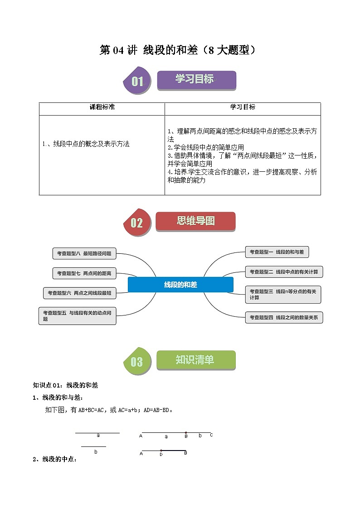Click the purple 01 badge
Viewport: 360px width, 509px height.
click(137, 82)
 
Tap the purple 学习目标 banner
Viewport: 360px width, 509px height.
click(196, 80)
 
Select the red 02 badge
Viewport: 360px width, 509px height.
click(136, 223)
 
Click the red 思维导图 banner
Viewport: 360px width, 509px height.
click(195, 221)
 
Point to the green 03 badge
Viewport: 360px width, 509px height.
click(136, 361)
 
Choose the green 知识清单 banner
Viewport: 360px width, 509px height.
click(196, 360)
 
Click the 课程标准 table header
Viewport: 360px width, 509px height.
click(102, 107)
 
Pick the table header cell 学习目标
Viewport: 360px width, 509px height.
click(243, 107)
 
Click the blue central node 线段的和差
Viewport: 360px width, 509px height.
click(180, 285)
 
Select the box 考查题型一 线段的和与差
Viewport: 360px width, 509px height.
click(277, 252)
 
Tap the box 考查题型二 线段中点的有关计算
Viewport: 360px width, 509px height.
click(284, 272)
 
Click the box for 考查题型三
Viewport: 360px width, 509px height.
click(283, 294)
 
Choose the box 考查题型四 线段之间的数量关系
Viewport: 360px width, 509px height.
click(284, 318)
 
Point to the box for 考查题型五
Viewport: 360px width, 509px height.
click(78, 315)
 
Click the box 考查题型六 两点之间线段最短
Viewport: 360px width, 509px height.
click(79, 293)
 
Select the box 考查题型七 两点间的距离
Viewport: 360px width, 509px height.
click(84, 273)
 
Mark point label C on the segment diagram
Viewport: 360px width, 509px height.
click(211, 435)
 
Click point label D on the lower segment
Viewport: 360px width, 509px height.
click(161, 454)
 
